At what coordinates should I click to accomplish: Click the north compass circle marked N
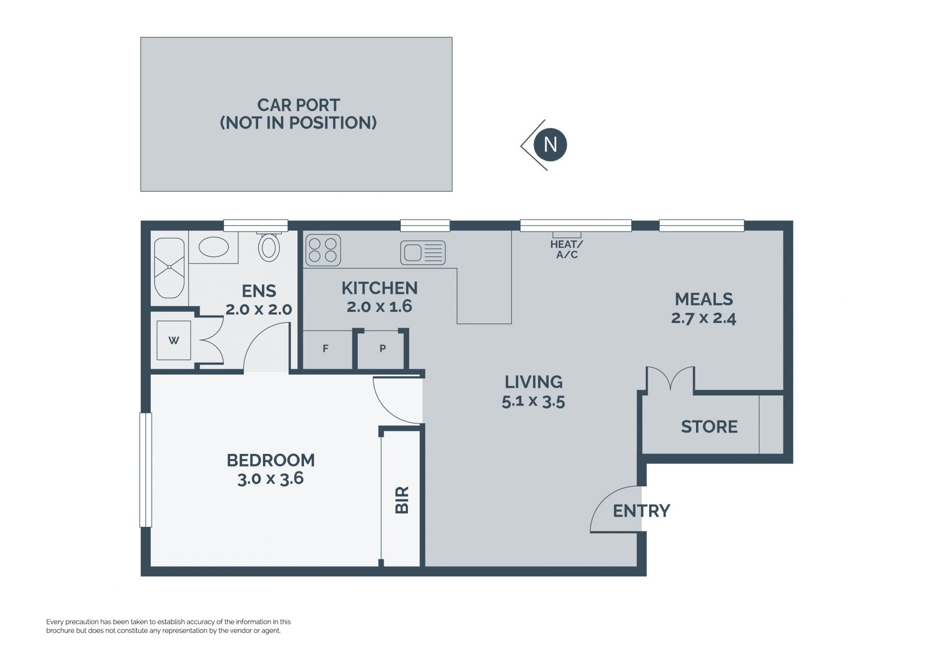(550, 145)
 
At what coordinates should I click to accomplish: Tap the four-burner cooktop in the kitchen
(323, 250)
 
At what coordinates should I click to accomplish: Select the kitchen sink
(423, 252)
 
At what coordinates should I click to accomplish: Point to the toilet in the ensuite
(269, 247)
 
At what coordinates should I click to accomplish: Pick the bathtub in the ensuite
(169, 268)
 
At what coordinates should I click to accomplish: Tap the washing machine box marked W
(174, 340)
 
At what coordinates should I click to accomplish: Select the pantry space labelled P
(382, 348)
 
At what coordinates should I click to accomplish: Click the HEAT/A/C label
(566, 249)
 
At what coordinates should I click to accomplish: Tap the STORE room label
(709, 426)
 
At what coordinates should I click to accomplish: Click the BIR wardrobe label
(402, 500)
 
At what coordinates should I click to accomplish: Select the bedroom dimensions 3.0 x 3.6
(271, 479)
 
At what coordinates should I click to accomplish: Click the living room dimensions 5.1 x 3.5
(533, 401)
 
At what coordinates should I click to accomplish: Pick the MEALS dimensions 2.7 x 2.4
(704, 318)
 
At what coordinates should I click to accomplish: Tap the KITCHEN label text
(379, 288)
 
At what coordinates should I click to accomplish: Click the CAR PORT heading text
(298, 105)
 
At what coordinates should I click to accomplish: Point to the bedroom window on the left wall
(145, 470)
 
